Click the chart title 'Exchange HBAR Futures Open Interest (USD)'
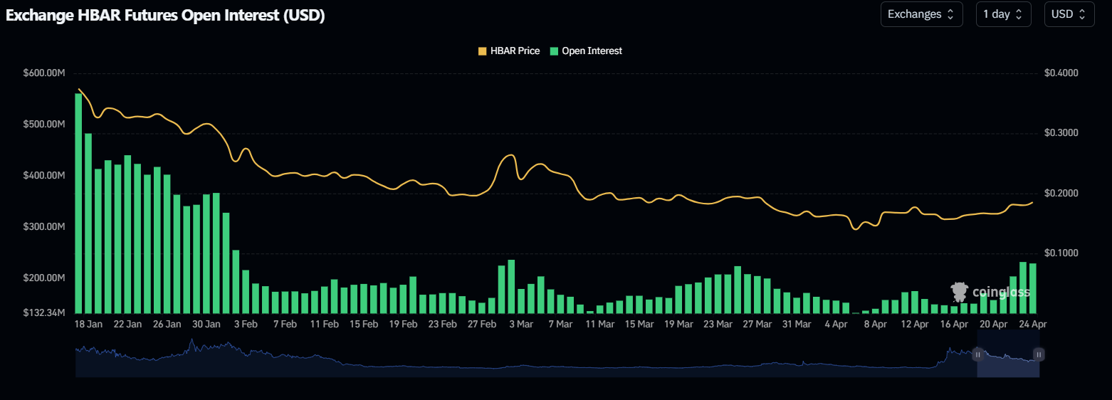click(165, 16)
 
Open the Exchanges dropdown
click(921, 14)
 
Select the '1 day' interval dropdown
click(1003, 14)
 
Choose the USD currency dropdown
click(1069, 14)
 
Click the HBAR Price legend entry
click(508, 51)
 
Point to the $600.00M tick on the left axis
click(45, 73)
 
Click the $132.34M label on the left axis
click(45, 313)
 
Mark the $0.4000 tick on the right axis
click(1061, 73)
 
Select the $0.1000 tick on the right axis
click(1061, 253)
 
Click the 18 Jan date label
click(88, 324)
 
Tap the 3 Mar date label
click(521, 324)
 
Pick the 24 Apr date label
click(1033, 324)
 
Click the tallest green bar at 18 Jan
click(78, 203)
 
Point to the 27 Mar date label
click(757, 324)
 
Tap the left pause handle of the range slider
click(977, 354)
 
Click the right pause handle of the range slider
click(1039, 354)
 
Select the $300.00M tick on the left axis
click(45, 226)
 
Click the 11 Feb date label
click(324, 324)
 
